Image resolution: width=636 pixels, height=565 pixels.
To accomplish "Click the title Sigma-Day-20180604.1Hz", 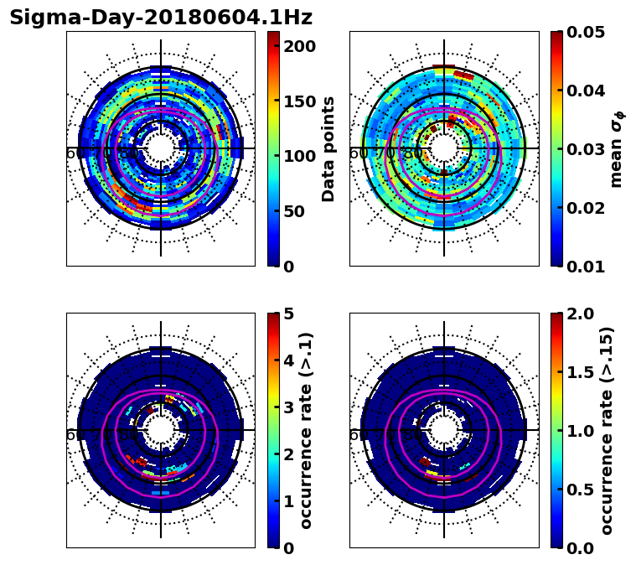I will [160, 18].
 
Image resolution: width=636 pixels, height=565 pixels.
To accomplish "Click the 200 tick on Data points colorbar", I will [299, 46].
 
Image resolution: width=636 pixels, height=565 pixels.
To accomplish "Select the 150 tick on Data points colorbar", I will [299, 101].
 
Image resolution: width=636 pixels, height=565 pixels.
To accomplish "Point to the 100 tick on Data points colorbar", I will [299, 156].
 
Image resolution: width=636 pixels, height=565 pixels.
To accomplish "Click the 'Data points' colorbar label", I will [328, 149].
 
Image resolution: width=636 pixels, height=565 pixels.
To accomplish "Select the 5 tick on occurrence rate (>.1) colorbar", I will [287, 314].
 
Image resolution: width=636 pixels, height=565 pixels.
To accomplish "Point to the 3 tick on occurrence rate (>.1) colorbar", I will [287, 407].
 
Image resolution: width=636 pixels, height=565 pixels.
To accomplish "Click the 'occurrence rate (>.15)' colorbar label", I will [607, 431].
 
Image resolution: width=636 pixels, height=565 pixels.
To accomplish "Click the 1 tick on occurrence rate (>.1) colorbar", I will [287, 501].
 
